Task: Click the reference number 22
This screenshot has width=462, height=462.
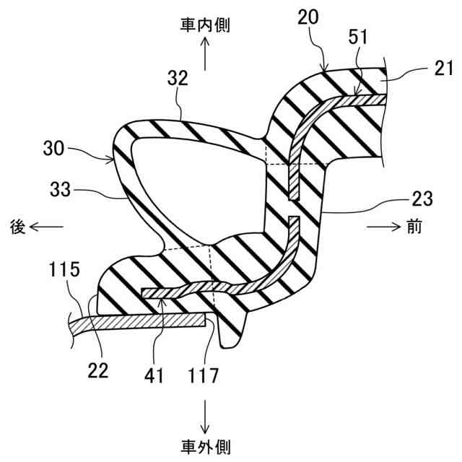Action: pyautogui.click(x=98, y=371)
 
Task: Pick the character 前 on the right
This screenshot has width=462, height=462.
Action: pyautogui.click(x=414, y=227)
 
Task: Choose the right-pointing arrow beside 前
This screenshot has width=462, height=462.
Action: pyautogui.click(x=383, y=227)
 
